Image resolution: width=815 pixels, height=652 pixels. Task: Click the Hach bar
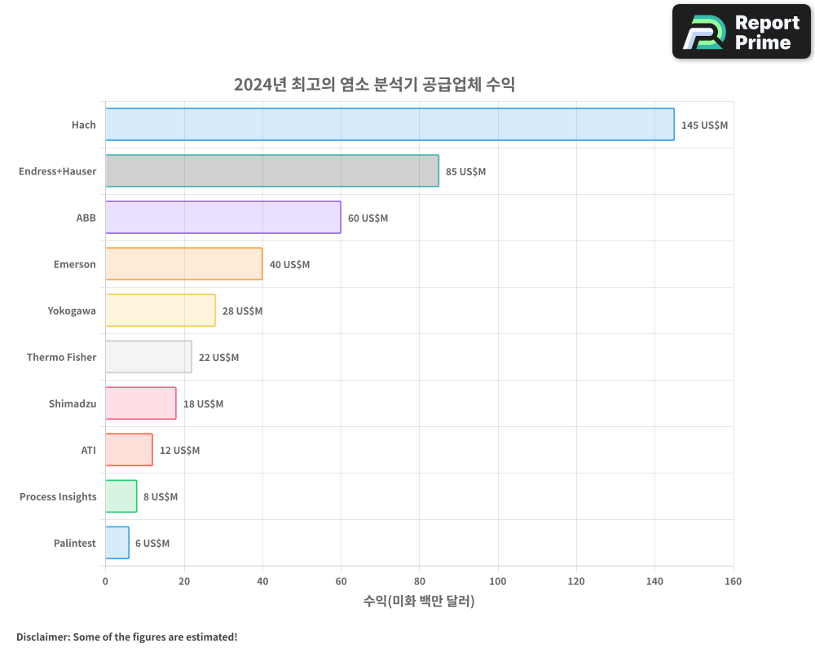pyautogui.click(x=390, y=125)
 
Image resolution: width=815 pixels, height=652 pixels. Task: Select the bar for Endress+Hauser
pyautogui.click(x=271, y=171)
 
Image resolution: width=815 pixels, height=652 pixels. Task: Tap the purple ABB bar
pyautogui.click(x=222, y=218)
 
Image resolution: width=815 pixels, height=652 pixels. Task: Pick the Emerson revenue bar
pyautogui.click(x=183, y=264)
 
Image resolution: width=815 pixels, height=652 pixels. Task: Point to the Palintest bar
pyautogui.click(x=117, y=543)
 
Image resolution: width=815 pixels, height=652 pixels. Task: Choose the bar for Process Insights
pyautogui.click(x=121, y=496)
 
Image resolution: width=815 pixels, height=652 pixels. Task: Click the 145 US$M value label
pyautogui.click(x=704, y=126)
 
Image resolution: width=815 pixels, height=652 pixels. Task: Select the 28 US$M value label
pyautogui.click(x=242, y=311)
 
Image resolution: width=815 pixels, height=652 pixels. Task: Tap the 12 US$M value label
pyautogui.click(x=179, y=451)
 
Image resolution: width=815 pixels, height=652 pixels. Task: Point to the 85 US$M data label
pyautogui.click(x=465, y=172)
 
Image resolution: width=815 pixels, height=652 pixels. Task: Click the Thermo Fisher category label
pyautogui.click(x=61, y=358)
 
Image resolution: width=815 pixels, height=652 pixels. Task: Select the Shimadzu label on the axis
pyautogui.click(x=73, y=404)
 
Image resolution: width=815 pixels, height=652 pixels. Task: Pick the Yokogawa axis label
pyautogui.click(x=72, y=311)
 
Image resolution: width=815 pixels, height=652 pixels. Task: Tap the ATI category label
pyautogui.click(x=88, y=451)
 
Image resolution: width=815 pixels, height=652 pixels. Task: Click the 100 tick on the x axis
pyautogui.click(x=498, y=581)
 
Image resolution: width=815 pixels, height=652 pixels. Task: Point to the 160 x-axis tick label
pyautogui.click(x=733, y=581)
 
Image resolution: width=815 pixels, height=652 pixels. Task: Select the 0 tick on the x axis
pyautogui.click(x=105, y=581)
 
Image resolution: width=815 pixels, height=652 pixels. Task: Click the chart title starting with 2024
pyautogui.click(x=374, y=85)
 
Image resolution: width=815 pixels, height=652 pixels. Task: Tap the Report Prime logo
pyautogui.click(x=741, y=32)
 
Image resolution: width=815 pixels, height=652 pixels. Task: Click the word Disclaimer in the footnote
pyautogui.click(x=42, y=637)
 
